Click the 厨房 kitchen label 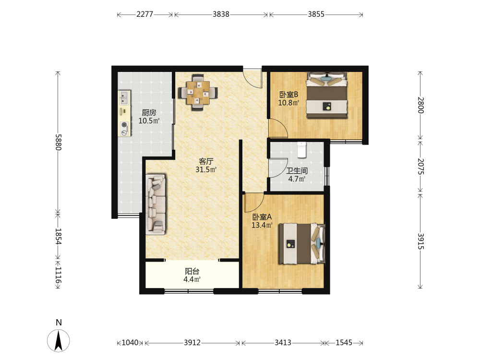tap(149, 113)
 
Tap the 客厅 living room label tap(206, 161)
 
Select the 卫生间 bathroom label tap(297, 171)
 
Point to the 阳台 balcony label tap(192, 271)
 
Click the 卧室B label tap(288, 95)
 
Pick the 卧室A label tap(262, 217)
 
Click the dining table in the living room tap(198, 92)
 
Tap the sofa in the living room tap(156, 204)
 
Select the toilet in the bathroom tap(302, 150)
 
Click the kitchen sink tap(124, 97)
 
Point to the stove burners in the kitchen tap(124, 128)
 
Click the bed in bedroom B tap(327, 95)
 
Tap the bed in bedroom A tap(301, 244)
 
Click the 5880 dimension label tap(59, 142)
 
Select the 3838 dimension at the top tap(221, 14)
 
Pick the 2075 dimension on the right tap(421, 166)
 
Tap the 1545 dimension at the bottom tap(344, 343)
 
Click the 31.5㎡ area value tap(206, 169)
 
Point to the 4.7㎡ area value tap(297, 179)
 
